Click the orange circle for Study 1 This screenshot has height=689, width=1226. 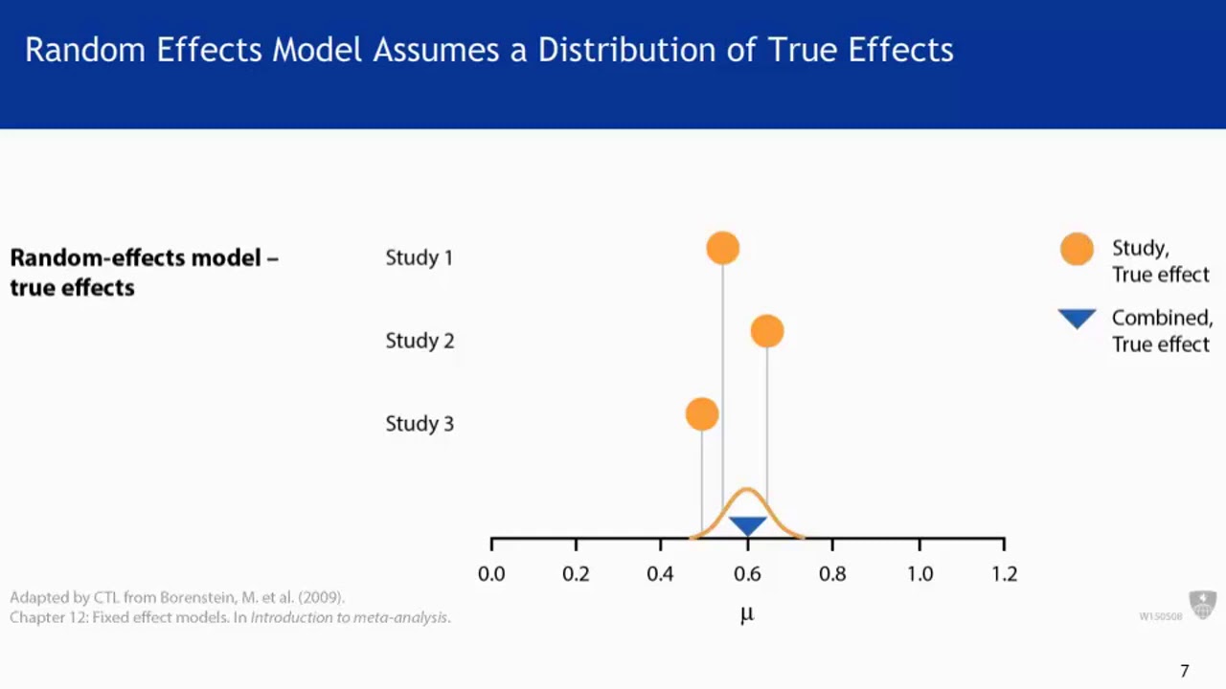point(723,248)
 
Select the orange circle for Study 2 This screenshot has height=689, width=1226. point(767,331)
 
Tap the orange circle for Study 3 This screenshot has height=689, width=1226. point(702,414)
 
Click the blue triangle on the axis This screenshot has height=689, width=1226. point(747,525)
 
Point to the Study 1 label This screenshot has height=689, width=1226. point(419,257)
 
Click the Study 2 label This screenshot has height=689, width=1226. point(420,341)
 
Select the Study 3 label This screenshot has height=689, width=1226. point(420,424)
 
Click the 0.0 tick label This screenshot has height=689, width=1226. point(491,574)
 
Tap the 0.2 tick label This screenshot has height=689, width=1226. point(576,574)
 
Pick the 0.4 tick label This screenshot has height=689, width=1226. point(660,574)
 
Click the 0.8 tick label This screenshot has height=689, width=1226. point(832,574)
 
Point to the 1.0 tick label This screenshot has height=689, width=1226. point(919,574)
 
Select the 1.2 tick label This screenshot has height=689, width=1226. point(1004,574)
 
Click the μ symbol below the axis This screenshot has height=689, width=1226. point(747,614)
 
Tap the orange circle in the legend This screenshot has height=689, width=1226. point(1077,249)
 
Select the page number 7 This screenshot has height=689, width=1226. point(1185,671)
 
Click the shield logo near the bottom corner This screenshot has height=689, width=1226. point(1202,605)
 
